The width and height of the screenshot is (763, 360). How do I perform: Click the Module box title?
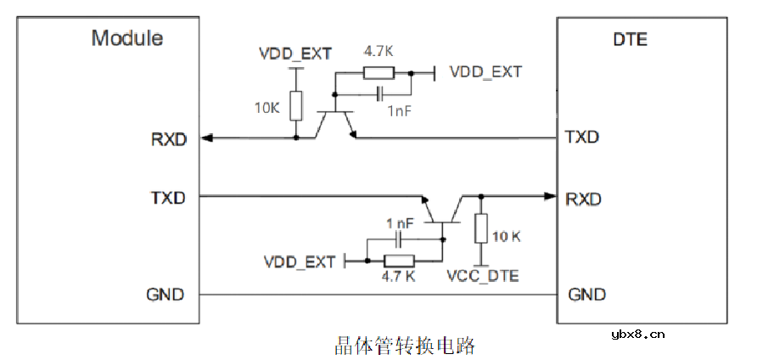click(127, 38)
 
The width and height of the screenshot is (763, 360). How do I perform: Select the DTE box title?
click(629, 39)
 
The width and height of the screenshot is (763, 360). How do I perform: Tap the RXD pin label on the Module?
click(169, 139)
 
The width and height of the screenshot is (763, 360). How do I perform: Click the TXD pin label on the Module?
click(168, 197)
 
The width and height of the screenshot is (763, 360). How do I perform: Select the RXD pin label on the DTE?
click(584, 199)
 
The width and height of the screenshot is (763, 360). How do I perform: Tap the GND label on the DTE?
click(586, 295)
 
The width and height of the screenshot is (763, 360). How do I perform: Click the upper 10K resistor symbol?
click(295, 106)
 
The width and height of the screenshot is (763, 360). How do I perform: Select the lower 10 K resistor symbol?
click(480, 229)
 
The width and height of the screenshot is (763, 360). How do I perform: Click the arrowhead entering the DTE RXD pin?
click(549, 197)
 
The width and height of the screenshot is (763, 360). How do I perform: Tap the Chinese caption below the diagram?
click(404, 345)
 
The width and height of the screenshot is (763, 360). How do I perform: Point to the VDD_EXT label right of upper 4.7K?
click(485, 72)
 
